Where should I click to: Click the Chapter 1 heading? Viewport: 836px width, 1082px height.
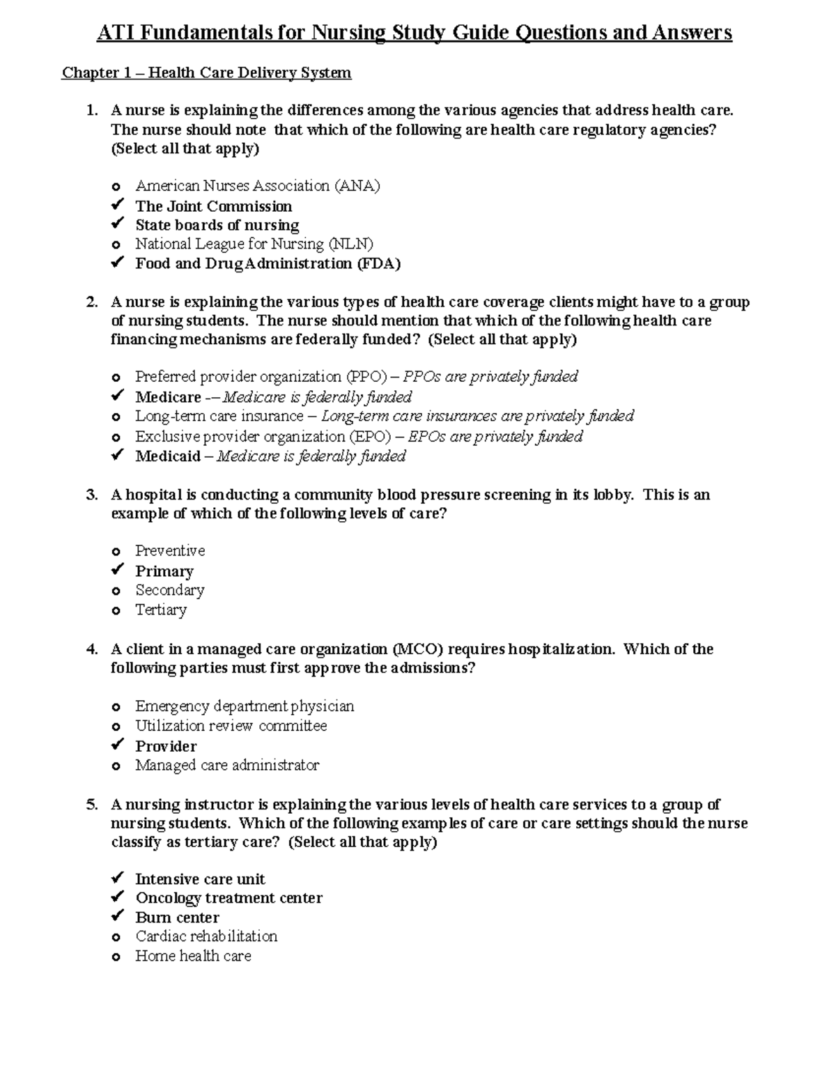point(206,72)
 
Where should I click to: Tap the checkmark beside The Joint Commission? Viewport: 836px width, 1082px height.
point(117,206)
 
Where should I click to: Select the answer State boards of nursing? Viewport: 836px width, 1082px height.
point(217,225)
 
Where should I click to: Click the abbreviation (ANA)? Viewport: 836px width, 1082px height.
point(357,186)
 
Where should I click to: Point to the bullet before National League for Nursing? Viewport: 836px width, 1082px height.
point(116,245)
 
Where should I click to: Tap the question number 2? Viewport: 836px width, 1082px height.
point(91,302)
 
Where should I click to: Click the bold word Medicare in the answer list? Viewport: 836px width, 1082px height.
point(168,397)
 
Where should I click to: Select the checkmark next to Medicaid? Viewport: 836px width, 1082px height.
point(117,456)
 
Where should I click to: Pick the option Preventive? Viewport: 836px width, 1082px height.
point(170,551)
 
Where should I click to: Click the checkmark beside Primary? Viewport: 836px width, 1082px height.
point(117,571)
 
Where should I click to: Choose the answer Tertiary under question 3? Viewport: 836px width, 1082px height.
point(161,610)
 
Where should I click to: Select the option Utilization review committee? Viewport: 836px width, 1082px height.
point(231,726)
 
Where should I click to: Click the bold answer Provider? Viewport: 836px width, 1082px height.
point(166,746)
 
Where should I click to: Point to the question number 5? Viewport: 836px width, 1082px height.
point(91,805)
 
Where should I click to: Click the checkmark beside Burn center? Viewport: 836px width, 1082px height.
point(117,917)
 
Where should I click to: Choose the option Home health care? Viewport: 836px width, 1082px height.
point(193,956)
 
